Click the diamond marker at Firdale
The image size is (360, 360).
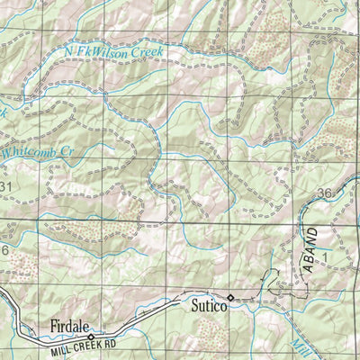coord(90,335)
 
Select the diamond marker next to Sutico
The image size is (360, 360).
coord(230,297)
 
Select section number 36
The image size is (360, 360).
coord(325,194)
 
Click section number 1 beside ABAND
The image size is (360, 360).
coord(327,256)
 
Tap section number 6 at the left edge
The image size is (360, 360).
coord(4,249)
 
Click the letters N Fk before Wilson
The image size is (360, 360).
coord(77,53)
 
